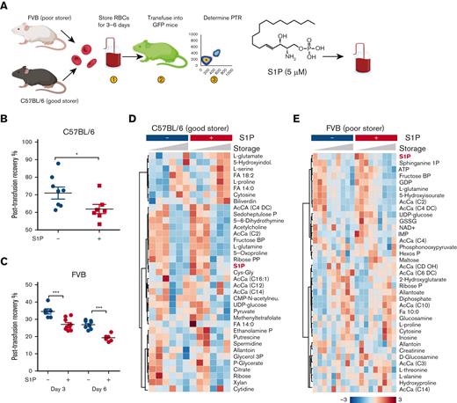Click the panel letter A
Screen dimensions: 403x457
[5, 5]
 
